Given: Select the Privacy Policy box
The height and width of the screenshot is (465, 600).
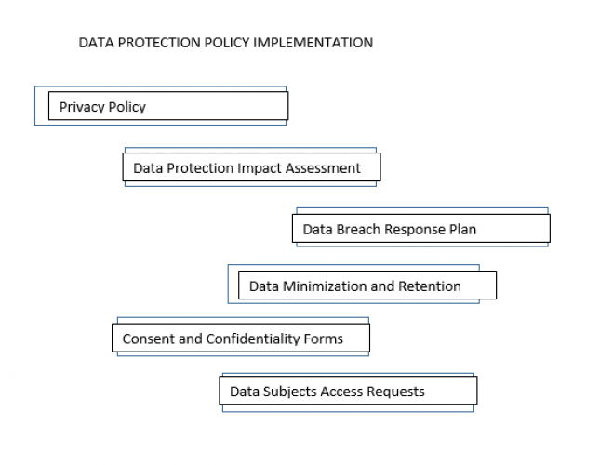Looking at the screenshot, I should pyautogui.click(x=167, y=107).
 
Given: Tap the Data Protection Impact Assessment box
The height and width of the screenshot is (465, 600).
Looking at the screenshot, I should pyautogui.click(x=252, y=168).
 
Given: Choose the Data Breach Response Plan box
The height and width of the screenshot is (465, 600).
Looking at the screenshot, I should pyautogui.click(x=423, y=229).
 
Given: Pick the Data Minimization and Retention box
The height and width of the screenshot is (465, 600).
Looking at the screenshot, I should pyautogui.click(x=367, y=286).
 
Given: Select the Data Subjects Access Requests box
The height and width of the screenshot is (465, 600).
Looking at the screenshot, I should pyautogui.click(x=348, y=392).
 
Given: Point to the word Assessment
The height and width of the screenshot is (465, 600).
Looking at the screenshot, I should pyautogui.click(x=326, y=168).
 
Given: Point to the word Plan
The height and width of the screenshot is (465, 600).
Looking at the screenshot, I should pyautogui.click(x=462, y=229).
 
